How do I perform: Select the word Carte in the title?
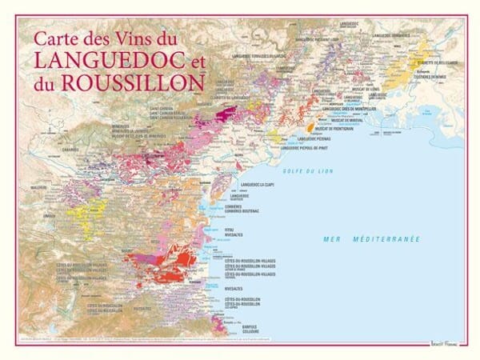(x=54, y=38)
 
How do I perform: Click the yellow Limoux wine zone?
(x=81, y=214)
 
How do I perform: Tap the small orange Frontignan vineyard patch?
(x=310, y=126)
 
